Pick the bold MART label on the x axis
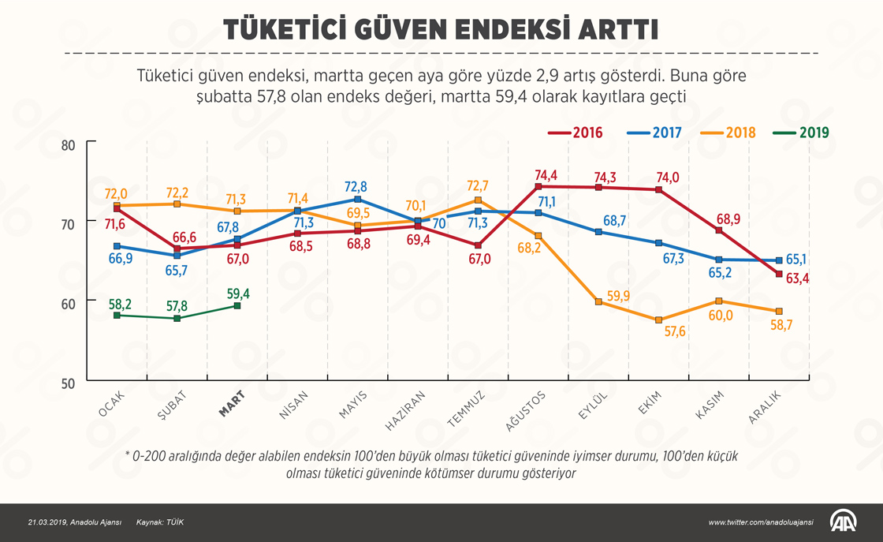(232, 403)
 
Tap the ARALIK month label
(764, 407)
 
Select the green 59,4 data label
(237, 293)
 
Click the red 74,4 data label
(546, 175)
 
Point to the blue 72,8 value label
(356, 187)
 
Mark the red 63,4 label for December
(795, 278)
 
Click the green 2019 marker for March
(237, 306)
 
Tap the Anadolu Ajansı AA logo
(843, 521)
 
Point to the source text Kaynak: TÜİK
(160, 522)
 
